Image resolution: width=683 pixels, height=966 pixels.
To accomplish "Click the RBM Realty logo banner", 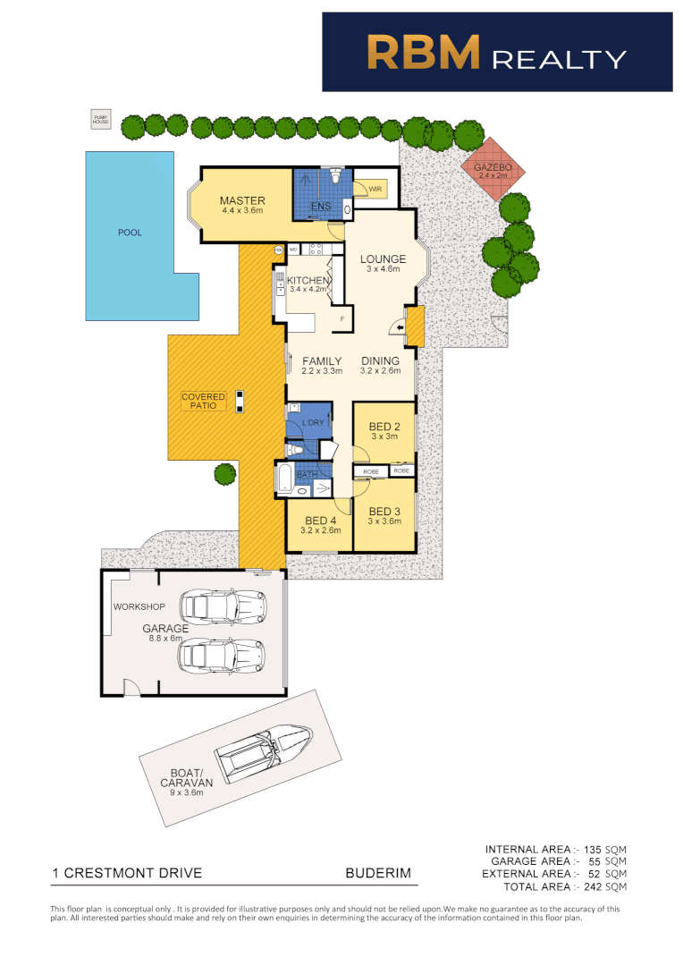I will pos(497,52).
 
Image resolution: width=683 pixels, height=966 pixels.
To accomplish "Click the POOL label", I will pos(130,233).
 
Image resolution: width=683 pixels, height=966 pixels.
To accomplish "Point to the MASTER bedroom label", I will pos(242,201).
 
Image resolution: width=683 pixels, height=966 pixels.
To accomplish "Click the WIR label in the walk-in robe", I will pos(375,188).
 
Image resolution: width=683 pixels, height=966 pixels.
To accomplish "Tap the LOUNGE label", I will pos(383,259).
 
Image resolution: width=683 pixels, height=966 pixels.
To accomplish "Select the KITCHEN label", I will pos(308,280).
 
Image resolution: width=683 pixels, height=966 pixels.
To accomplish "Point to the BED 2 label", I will pos(384,427).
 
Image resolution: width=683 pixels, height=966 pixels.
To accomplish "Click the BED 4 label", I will pos(319,521).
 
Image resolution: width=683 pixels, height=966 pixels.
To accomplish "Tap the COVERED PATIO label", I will pos(203,401).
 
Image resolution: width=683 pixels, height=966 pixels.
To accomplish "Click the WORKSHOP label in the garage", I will pos(139,607).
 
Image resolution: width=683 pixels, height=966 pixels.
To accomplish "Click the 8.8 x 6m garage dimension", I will pos(165,639).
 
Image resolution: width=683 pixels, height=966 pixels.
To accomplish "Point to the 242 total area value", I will pos(591,886).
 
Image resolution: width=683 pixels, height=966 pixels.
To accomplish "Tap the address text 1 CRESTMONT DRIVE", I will pos(127,873).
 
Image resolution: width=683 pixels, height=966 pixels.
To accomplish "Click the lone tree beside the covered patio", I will pos(225,474).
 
